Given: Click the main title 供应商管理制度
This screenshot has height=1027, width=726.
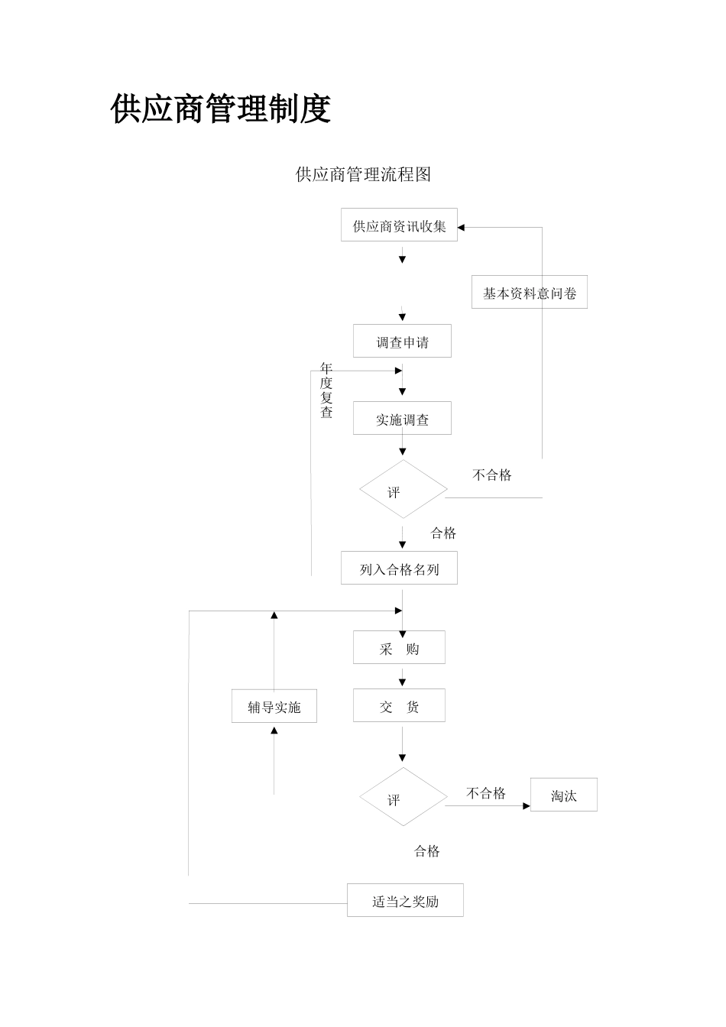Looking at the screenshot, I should click(220, 109).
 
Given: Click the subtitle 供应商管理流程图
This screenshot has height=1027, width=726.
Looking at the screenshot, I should click(363, 175).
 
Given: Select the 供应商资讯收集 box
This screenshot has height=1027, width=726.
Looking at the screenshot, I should click(399, 225).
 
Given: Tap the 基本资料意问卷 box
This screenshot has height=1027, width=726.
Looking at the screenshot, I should click(529, 293).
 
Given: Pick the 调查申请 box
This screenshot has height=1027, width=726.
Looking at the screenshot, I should click(402, 342).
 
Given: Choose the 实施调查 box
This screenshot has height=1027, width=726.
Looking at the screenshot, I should click(402, 419).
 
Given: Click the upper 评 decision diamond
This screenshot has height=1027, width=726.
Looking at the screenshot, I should click(403, 490).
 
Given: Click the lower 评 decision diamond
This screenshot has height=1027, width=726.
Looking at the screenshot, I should click(403, 798).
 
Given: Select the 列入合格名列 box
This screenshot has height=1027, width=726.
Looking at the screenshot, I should click(399, 569).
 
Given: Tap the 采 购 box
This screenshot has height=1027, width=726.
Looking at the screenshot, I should click(399, 648).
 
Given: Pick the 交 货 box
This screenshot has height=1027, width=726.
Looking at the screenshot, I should click(399, 706).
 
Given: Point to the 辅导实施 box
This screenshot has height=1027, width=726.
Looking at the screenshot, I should click(274, 706).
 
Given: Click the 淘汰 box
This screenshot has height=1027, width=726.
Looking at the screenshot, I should click(563, 795).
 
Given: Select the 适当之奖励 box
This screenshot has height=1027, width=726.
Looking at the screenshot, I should click(405, 900).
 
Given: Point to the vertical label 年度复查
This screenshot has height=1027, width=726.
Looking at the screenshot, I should click(326, 390).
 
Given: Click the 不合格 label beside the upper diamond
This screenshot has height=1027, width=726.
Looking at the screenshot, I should click(492, 475).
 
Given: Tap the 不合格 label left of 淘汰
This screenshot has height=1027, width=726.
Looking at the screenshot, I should click(486, 793).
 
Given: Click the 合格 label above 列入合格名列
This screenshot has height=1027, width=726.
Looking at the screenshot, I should click(443, 533).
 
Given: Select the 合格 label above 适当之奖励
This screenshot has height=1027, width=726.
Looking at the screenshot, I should click(427, 851).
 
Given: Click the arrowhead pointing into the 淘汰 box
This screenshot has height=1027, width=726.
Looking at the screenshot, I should click(527, 805).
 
